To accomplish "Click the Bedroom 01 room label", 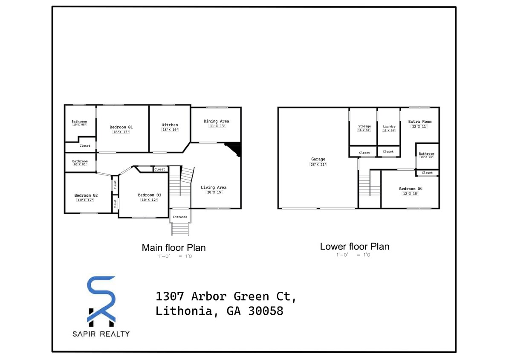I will (121, 127).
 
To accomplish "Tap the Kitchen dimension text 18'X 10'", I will (170, 130).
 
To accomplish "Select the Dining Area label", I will (216, 121).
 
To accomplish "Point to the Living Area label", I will (214, 187).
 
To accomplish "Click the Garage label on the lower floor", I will (318, 160).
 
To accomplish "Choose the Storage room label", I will (364, 126).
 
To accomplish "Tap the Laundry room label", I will (389, 126).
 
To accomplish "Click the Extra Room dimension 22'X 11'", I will (419, 127).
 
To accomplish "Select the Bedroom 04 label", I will (411, 189).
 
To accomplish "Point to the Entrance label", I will (180, 217).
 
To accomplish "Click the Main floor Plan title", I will (174, 247).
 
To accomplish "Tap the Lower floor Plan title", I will (354, 247).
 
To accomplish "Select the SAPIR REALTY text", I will (101, 334).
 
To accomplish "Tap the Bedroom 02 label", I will (86, 195).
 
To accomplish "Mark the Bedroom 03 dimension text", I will (149, 200).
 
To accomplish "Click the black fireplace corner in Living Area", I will (234, 149).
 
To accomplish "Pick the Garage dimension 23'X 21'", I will (318, 164).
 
